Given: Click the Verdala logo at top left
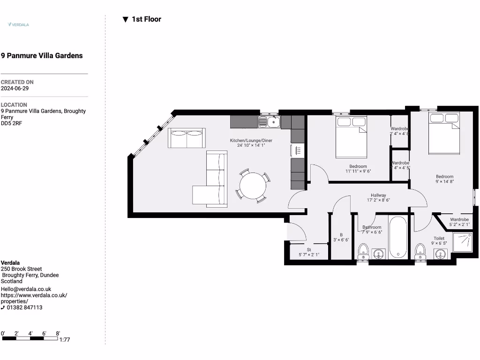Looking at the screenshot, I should tap(18, 24).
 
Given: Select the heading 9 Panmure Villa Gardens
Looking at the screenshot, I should tap(42, 56).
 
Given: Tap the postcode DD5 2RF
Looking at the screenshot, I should tap(11, 123).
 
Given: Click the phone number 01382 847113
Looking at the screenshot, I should tap(24, 307).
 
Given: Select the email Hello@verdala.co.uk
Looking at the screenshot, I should tap(26, 289).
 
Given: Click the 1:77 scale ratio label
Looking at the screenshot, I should tap(65, 340).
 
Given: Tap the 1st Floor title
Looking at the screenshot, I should tap(146, 19).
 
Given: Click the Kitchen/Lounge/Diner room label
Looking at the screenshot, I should tap(251, 141).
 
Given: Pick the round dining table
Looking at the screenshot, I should tap(253, 186).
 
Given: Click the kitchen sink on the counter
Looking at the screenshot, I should tap(270, 122).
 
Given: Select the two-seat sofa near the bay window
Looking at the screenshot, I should tap(187, 138).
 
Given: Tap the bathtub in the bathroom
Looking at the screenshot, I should tap(398, 237).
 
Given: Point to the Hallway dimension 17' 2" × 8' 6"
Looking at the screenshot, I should tap(378, 200).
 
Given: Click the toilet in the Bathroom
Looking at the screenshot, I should tap(363, 252).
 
